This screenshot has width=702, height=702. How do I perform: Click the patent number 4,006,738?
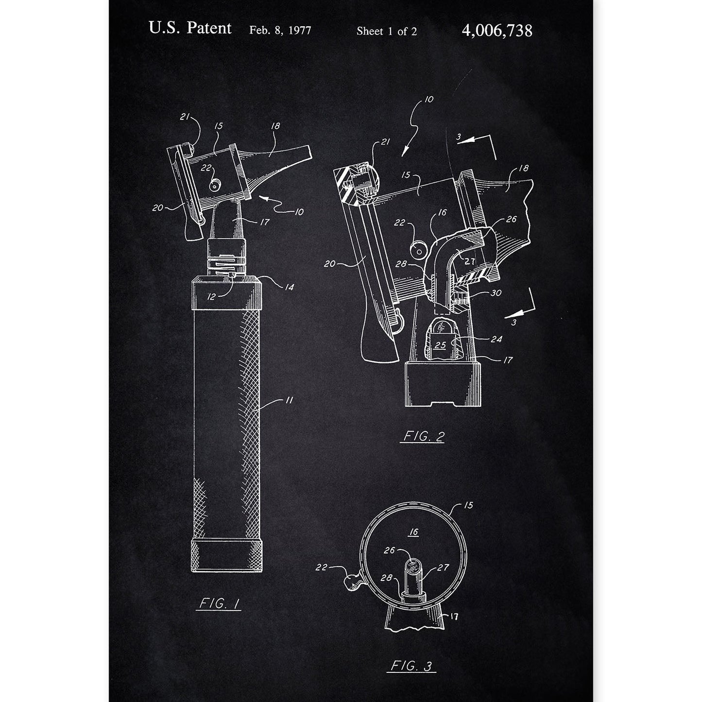point(497,31)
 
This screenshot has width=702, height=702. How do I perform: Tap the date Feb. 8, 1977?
point(280,30)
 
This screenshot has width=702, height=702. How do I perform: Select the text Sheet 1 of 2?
point(387,31)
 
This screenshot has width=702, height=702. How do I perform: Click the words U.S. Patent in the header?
point(190,28)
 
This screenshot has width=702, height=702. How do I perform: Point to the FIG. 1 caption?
point(219,604)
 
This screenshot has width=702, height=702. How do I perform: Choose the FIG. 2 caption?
point(423,436)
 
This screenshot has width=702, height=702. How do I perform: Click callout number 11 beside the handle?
point(289,400)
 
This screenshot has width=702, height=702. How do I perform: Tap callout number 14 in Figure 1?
point(289,287)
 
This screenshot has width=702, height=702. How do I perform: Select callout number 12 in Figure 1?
point(212,297)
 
